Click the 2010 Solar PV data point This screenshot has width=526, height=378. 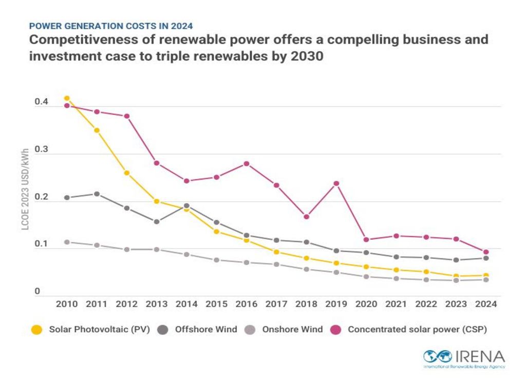tap(67, 98)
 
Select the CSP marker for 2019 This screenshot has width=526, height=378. tap(336, 183)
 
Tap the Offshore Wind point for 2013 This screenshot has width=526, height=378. tap(157, 222)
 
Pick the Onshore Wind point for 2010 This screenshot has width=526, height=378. tap(67, 242)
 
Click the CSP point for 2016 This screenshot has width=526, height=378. tap(247, 164)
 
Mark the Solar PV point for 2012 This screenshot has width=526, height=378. tap(126, 173)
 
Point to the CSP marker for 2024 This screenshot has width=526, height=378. tap(486, 252)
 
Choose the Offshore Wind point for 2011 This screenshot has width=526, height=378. tap(97, 194)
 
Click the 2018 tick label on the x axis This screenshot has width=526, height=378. tap(306, 304)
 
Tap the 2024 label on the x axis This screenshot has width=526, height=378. tap(486, 304)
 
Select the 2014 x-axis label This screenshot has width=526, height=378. tap(186, 304)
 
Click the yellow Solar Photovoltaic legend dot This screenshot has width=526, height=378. tap(36, 330)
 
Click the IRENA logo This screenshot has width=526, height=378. tap(464, 358)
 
